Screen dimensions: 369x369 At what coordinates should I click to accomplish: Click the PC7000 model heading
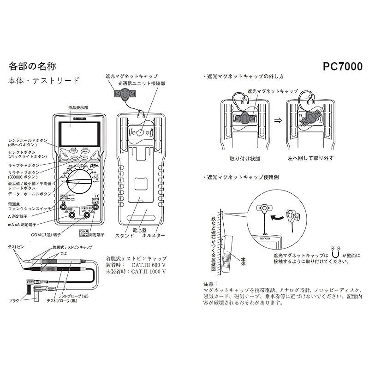[342, 66]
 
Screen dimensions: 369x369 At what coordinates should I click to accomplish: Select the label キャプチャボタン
[24, 165]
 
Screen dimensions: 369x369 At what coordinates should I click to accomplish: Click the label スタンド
[125, 235]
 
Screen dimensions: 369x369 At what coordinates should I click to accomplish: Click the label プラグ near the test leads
[14, 300]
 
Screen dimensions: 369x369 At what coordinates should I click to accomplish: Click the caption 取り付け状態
[245, 159]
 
